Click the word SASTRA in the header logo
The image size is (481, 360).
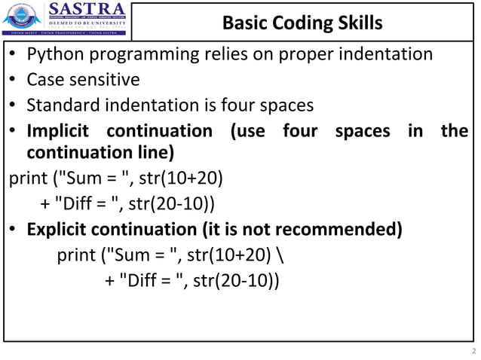pos(82,10)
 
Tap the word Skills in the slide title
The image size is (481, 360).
pos(355,23)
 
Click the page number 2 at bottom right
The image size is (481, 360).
pos(473,351)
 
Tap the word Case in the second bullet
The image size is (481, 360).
pos(44,80)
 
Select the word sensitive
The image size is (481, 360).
pos(102,80)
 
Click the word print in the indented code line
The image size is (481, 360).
pos(75,255)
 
